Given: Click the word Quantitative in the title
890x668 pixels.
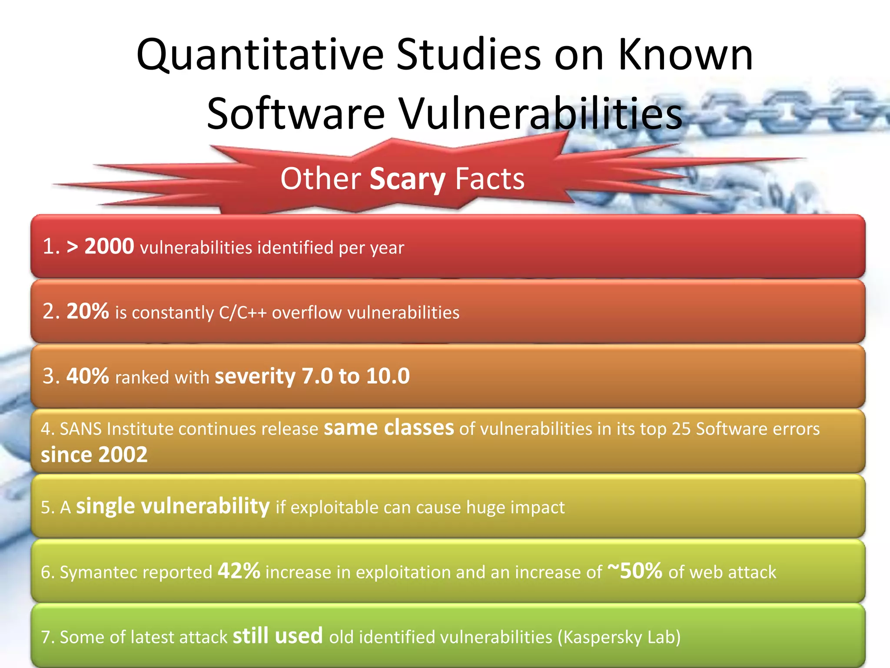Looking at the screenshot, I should [x=259, y=56].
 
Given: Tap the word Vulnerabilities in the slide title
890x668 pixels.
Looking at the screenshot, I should [x=541, y=114].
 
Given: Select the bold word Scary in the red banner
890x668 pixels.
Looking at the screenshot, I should [x=407, y=179].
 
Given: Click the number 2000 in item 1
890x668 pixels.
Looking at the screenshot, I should [x=109, y=247].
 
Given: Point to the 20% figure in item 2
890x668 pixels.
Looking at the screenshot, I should [x=87, y=311].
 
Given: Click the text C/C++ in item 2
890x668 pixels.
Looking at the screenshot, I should [x=242, y=313].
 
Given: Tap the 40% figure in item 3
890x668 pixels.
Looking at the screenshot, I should [x=87, y=376].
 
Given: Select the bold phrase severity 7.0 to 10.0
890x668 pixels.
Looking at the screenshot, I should [x=312, y=376].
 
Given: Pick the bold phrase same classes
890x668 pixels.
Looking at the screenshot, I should [x=389, y=428].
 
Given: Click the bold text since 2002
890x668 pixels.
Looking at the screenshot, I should [x=94, y=455].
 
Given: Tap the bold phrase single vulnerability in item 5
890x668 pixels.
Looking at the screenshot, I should [x=173, y=506].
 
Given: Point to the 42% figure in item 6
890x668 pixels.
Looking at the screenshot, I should [x=239, y=571].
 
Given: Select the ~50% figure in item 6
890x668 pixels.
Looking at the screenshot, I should [x=635, y=571].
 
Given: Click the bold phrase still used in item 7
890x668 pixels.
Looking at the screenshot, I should [x=278, y=636].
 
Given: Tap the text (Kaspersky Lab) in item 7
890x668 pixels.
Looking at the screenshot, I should [x=619, y=637].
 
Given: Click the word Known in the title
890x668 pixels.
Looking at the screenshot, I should [x=685, y=56].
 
